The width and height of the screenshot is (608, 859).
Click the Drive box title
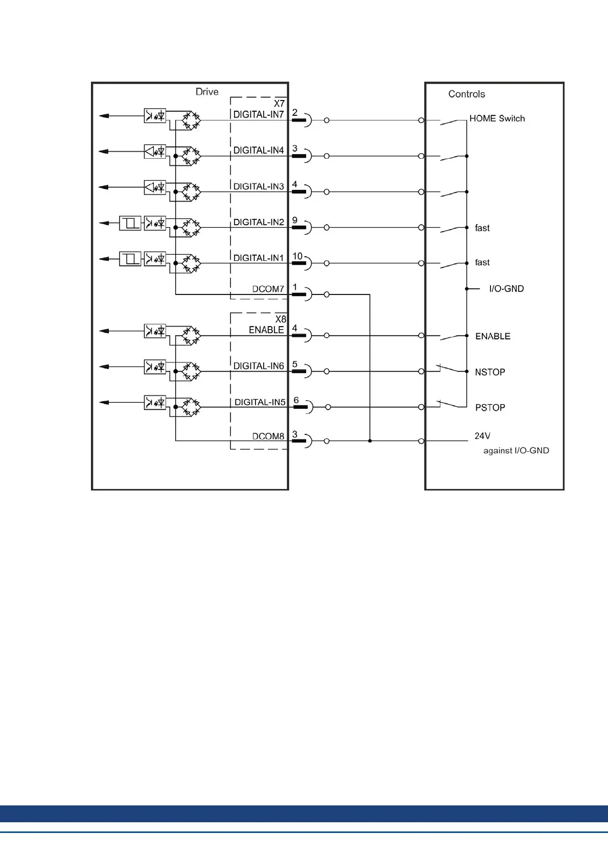(207, 92)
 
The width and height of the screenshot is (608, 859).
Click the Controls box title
(466, 94)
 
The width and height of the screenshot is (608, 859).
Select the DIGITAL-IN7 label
(259, 115)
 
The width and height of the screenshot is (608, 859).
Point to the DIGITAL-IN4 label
(259, 151)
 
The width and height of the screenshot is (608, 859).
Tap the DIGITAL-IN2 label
(259, 223)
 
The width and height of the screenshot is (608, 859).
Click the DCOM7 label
(268, 289)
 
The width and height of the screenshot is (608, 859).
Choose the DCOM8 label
(268, 436)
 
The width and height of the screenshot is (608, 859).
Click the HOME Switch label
(497, 118)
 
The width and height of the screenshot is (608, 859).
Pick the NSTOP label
(490, 372)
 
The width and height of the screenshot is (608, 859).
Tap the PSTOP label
(490, 408)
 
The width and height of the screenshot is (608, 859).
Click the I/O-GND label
(506, 289)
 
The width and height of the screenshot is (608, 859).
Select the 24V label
(482, 436)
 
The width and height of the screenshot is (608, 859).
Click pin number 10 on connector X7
(297, 256)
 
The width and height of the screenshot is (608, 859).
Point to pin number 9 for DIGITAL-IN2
(295, 220)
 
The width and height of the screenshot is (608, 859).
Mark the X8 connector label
(280, 320)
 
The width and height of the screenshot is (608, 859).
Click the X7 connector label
(279, 104)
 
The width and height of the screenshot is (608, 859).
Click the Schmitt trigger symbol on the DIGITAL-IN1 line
(130, 259)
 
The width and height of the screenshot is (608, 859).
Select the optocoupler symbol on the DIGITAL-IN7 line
(155, 116)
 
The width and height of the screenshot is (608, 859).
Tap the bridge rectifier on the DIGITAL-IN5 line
(191, 407)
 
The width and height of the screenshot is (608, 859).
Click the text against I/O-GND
(516, 451)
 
